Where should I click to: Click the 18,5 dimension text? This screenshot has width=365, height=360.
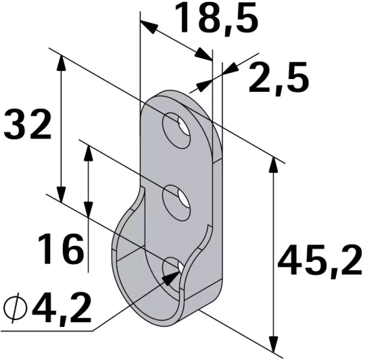pyautogui.click(x=217, y=18)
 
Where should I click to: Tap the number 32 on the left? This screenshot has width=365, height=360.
pyautogui.click(x=28, y=125)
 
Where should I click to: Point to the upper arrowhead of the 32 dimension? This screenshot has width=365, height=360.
pyautogui.click(x=62, y=61)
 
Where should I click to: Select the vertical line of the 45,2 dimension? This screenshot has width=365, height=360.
pyautogui.click(x=274, y=257)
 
